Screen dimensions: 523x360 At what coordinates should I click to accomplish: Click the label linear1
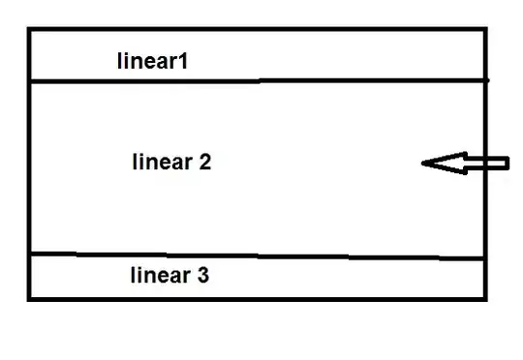[x=152, y=61]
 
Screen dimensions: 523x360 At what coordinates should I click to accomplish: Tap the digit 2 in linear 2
[x=205, y=162]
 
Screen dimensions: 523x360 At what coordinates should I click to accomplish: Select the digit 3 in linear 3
[x=203, y=276]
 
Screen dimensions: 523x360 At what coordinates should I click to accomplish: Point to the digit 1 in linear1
[x=183, y=61]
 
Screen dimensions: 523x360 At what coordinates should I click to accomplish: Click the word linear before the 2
[x=163, y=162]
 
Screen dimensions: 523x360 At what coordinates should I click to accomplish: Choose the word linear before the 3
[x=161, y=275]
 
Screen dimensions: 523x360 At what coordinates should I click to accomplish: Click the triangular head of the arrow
[x=445, y=163]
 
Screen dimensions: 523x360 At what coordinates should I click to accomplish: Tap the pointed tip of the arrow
[x=422, y=164]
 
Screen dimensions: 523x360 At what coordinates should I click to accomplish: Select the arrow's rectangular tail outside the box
[x=498, y=163]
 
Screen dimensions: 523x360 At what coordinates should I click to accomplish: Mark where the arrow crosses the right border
[x=485, y=163]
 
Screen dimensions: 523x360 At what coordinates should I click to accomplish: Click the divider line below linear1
[x=260, y=80]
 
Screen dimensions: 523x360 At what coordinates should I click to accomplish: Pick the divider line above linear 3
[x=257, y=256]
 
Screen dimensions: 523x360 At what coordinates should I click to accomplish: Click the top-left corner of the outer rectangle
[x=29, y=29]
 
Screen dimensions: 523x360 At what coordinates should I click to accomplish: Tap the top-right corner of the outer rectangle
[x=485, y=29]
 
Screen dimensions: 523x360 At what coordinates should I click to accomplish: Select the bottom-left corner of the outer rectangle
[x=29, y=299]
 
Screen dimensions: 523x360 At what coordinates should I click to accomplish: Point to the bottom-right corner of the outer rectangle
[x=485, y=299]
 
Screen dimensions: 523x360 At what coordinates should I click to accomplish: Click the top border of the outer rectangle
[x=258, y=29]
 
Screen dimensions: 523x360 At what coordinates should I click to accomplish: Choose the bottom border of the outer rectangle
[x=258, y=299]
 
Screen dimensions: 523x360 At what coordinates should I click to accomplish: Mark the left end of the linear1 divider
[x=31, y=81]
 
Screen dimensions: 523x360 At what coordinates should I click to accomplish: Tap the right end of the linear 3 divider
[x=483, y=258]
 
